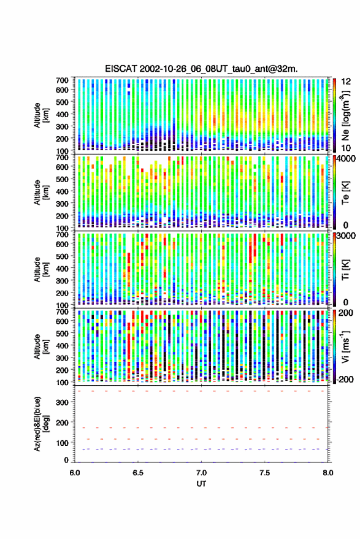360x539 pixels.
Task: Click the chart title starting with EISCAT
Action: point(201,69)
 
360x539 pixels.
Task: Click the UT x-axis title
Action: point(201,484)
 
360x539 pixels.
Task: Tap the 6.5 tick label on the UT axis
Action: point(138,473)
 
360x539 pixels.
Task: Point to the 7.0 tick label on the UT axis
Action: point(202,473)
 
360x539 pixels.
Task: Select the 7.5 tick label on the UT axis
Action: point(265,473)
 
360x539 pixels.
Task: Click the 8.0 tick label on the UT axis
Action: point(328,473)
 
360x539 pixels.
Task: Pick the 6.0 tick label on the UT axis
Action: point(75,473)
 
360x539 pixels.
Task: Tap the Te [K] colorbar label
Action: point(345,193)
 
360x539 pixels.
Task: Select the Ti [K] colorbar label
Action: point(345,269)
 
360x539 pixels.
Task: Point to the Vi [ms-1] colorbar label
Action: point(345,346)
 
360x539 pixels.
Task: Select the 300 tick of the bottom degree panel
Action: point(62,402)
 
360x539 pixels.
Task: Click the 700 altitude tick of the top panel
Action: point(62,80)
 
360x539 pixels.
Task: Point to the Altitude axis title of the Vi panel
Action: point(40,346)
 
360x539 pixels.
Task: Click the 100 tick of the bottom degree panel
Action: point(62,443)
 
